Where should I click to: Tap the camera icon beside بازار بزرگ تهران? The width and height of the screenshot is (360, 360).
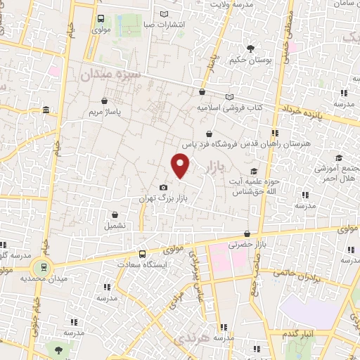coord(164,187)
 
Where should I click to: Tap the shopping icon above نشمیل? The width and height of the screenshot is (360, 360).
coord(115,214)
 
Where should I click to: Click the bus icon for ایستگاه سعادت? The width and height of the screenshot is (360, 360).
coord(143,254)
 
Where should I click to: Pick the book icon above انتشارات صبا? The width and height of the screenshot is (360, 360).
coord(165,13)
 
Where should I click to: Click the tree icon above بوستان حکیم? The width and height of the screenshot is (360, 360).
coord(250,48)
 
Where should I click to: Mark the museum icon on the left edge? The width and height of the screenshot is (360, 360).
coord(46,110)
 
